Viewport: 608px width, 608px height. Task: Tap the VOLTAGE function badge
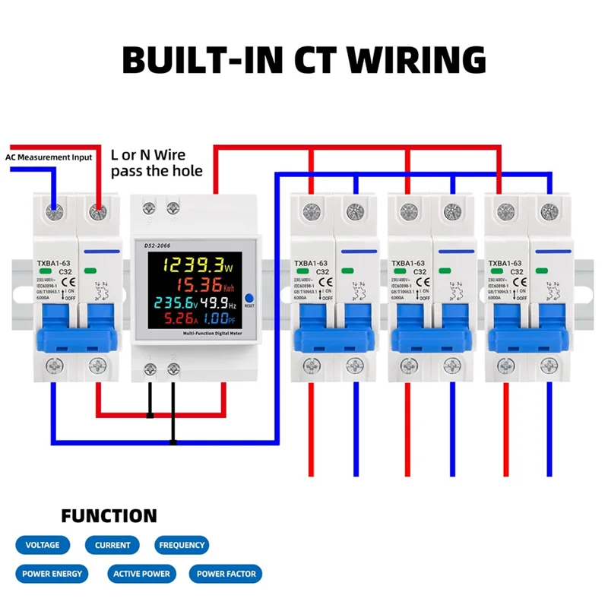(x=43, y=545)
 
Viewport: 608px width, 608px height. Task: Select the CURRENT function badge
(x=112, y=545)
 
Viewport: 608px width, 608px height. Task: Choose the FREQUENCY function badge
(x=182, y=545)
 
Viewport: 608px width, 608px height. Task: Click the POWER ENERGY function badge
(x=52, y=574)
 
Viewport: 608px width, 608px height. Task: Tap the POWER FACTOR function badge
(x=226, y=574)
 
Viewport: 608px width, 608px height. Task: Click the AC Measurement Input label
(x=49, y=157)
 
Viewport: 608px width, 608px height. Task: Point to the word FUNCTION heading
(x=109, y=517)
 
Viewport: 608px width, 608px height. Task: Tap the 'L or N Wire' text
(x=148, y=155)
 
